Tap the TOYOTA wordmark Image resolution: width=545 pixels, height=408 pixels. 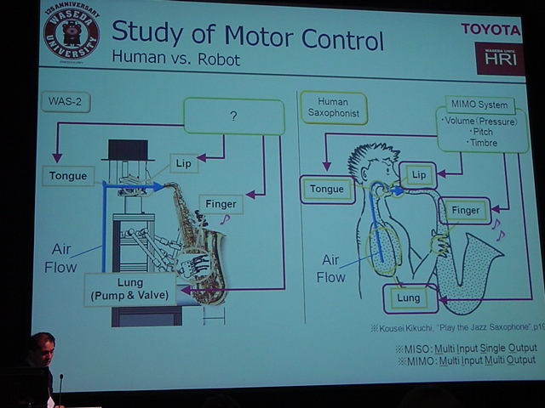[x=490, y=29]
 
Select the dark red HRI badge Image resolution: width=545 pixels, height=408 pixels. [x=500, y=59]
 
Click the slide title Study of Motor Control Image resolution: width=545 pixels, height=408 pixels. [x=248, y=37]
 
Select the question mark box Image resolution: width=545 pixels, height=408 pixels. [x=233, y=116]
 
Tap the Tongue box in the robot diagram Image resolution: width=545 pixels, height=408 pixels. [x=68, y=176]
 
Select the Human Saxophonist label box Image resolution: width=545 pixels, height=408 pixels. [x=333, y=108]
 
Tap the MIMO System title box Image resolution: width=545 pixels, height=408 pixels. [x=480, y=105]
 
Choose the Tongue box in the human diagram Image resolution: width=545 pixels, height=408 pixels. [x=327, y=189]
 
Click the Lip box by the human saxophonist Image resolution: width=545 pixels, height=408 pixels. [x=417, y=174]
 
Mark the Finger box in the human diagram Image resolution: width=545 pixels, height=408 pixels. [x=465, y=210]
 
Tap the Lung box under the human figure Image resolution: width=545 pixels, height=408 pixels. [x=409, y=298]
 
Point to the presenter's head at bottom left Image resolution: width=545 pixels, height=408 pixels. [x=41, y=349]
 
